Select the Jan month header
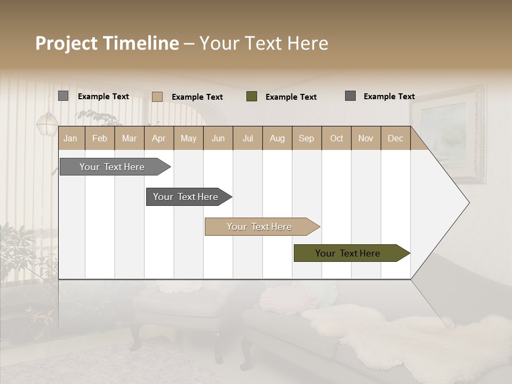pyautogui.click(x=70, y=139)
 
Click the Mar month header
pyautogui.click(x=129, y=139)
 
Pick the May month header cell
pyautogui.click(x=188, y=139)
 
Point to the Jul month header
pyautogui.click(x=247, y=139)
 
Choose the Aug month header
pyautogui.click(x=277, y=139)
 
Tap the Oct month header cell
pyautogui.click(x=337, y=139)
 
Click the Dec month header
pyautogui.click(x=395, y=139)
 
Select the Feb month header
pyautogui.click(x=100, y=139)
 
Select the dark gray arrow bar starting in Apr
pyautogui.click(x=187, y=197)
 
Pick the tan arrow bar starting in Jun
pyautogui.click(x=260, y=227)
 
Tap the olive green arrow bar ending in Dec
pyautogui.click(x=349, y=253)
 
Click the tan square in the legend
pyautogui.click(x=157, y=97)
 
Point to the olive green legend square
pyautogui.click(x=252, y=97)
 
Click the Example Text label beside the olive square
pyautogui.click(x=291, y=97)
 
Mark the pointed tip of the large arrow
pyautogui.click(x=468, y=203)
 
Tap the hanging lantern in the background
pyautogui.click(x=47, y=124)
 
